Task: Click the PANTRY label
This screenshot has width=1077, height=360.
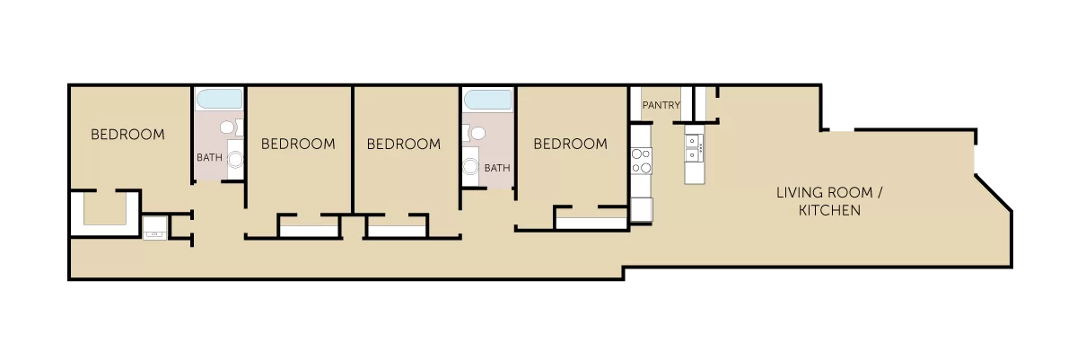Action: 661,105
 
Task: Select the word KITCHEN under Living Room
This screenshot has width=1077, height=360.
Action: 829,210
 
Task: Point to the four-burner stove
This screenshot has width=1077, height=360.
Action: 642,161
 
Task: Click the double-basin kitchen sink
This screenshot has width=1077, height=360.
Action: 694,148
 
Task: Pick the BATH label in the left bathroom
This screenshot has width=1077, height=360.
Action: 210,157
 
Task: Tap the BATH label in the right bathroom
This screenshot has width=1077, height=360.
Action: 497,168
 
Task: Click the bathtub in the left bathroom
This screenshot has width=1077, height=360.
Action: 219,99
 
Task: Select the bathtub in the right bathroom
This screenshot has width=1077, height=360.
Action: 488,100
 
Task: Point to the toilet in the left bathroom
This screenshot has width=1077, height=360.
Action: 232,127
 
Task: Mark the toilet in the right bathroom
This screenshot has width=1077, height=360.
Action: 474,133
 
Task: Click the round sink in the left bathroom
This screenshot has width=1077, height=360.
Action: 235,159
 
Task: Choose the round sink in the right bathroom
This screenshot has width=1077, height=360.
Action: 470,167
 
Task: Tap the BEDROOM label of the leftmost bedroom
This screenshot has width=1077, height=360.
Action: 127,135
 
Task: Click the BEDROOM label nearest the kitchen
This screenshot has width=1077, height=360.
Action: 571,144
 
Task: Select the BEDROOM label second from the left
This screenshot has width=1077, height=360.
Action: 298,144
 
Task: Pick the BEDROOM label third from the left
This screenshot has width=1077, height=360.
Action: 404,144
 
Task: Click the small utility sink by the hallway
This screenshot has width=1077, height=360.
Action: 155,228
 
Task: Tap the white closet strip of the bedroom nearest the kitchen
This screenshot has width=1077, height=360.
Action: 591,224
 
